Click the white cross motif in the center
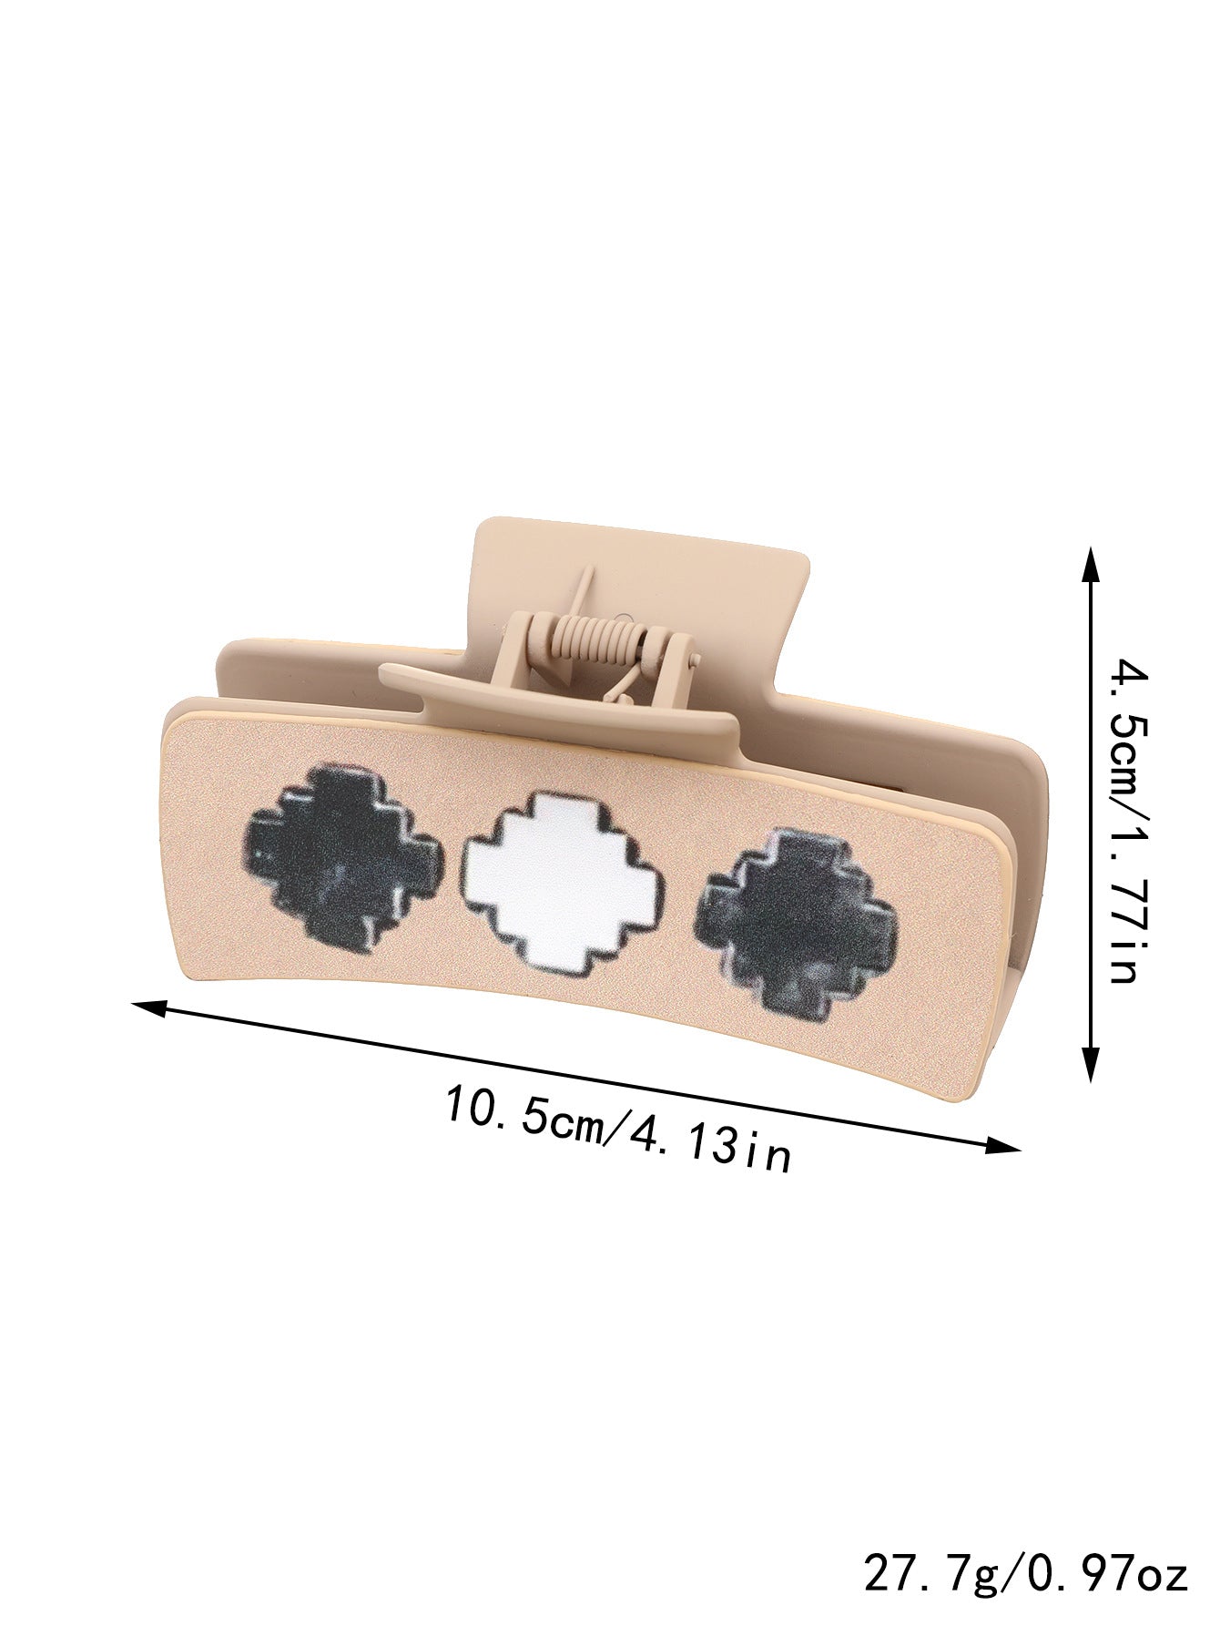[565, 882]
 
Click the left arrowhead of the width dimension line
[151, 1007]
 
